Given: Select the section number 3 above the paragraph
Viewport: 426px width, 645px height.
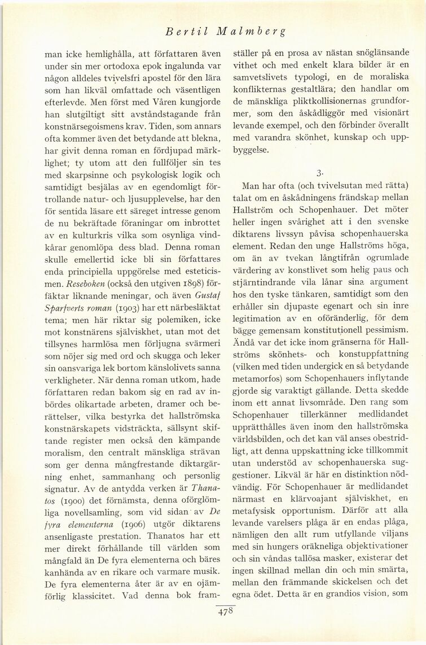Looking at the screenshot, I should [320, 171].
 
